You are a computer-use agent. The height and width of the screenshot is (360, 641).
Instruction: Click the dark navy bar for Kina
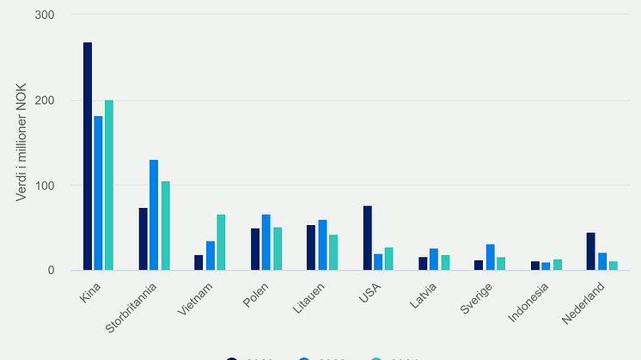coord(88,156)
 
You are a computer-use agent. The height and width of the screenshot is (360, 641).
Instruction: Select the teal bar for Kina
coord(109,186)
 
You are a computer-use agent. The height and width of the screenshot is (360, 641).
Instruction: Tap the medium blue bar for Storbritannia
coord(154,215)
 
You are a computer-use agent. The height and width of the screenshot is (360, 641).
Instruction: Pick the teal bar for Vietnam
coord(221,242)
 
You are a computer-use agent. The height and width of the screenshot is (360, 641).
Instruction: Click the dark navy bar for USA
coord(368,238)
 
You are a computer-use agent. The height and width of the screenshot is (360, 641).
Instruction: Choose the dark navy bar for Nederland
coord(591,252)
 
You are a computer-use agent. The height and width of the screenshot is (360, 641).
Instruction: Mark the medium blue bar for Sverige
coord(490,258)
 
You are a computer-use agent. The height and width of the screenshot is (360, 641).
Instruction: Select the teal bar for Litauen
coord(333,253)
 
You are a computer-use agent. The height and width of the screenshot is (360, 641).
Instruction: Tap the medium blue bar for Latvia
coord(434,259)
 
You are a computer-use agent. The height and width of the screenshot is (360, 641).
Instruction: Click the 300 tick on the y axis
coord(45,15)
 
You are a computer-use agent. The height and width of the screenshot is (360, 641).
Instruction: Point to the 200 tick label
coord(45,101)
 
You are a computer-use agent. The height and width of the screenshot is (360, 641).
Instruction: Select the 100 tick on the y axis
coord(45,186)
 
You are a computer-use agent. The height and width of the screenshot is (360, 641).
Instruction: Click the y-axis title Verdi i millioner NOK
coord(21,143)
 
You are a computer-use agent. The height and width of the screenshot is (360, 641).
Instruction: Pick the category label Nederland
coord(585,299)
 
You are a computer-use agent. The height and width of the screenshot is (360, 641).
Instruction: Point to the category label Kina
coord(89,289)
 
